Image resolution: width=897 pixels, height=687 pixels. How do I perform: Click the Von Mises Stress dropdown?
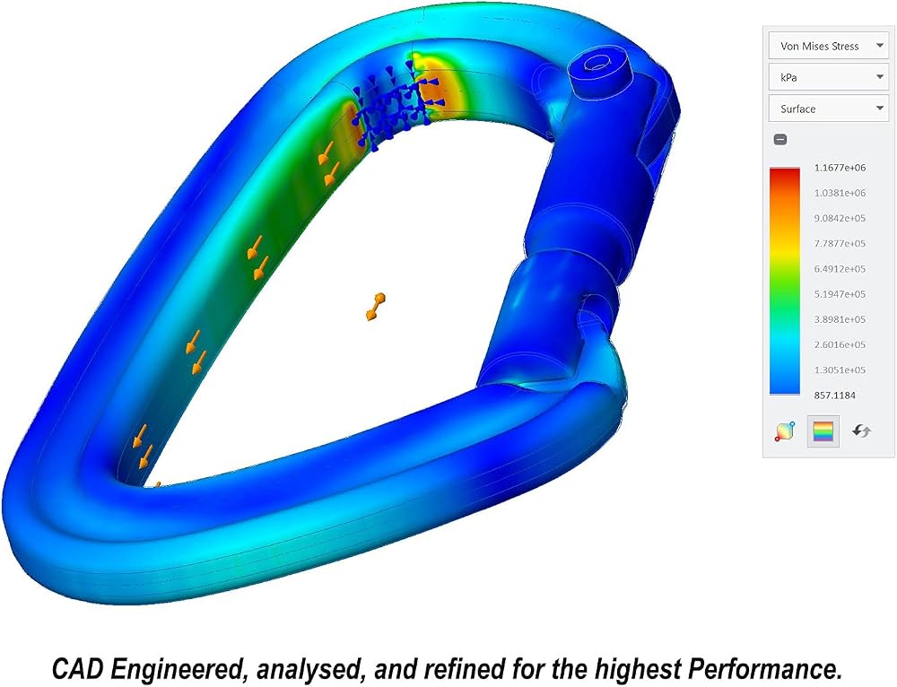828,46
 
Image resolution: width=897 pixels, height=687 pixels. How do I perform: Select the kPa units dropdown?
828,77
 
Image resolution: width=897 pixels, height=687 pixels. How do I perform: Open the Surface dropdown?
828,109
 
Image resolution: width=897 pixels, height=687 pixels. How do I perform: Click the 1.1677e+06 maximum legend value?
840,168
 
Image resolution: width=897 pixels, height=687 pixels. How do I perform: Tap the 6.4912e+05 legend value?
840,269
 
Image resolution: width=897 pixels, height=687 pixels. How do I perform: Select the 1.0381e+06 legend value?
840,193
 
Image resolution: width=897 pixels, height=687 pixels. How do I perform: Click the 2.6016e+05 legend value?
840,344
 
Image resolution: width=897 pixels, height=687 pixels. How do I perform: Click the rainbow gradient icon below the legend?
823,431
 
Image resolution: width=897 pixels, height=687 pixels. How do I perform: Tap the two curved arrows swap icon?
861,430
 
